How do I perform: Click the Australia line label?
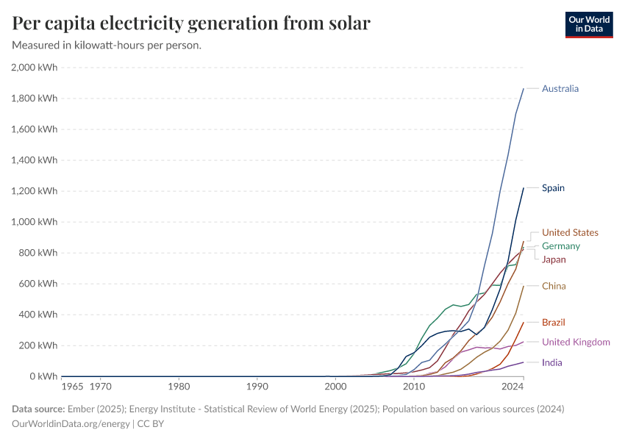560,89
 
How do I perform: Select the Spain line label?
553,188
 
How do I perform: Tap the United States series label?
570,233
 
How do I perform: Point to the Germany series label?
560,246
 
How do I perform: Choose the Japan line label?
554,259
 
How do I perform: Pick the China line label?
554,286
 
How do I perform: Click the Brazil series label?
554,323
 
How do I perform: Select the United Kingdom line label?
576,342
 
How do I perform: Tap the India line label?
552,362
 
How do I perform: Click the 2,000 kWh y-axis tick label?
34,68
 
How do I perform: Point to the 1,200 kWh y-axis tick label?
34,191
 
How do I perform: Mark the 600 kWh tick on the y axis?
38,284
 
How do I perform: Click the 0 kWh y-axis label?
43,376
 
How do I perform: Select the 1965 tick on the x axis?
72,386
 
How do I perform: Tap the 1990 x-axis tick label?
257,386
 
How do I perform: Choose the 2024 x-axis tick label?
512,386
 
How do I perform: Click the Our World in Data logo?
588,24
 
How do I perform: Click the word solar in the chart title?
343,24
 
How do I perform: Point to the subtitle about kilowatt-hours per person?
107,46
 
